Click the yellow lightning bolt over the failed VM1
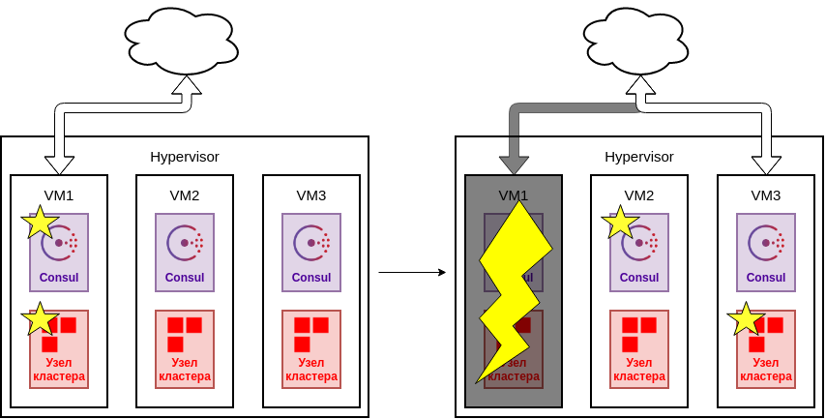point(514,290)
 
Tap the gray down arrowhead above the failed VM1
point(514,162)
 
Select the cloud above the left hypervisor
point(181,42)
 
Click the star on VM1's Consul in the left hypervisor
point(40,223)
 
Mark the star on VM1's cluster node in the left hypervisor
point(40,318)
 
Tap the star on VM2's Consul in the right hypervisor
point(620,223)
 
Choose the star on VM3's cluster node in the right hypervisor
point(746,318)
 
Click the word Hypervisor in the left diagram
point(185,157)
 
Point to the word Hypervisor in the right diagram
point(639,157)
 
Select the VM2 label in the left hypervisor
point(185,195)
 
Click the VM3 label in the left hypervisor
point(311,195)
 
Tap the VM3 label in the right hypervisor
point(766,195)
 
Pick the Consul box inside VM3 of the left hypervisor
point(311,253)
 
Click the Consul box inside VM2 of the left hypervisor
point(185,253)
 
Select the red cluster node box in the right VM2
point(639,349)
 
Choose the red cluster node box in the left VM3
point(311,349)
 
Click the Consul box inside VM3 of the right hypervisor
point(766,253)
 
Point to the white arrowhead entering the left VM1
point(59,164)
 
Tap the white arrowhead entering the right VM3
point(766,164)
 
